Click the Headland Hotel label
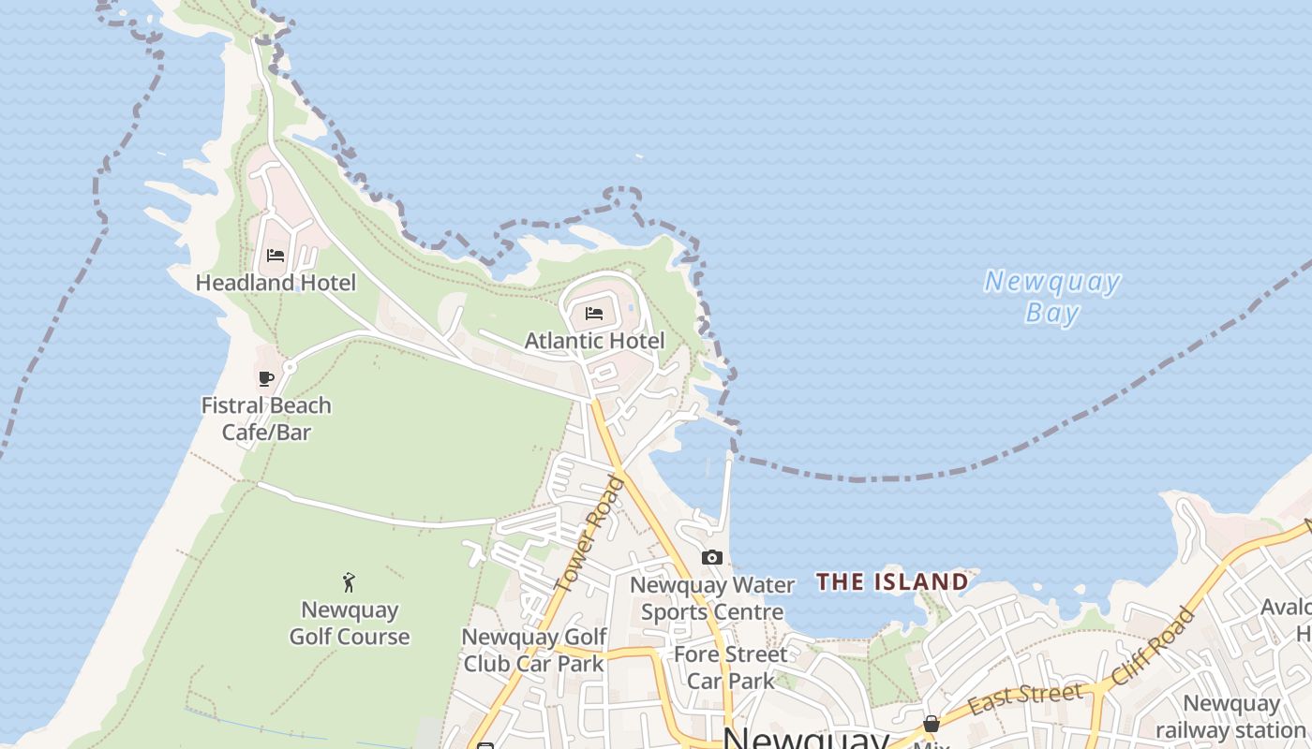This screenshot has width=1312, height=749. pos(276,282)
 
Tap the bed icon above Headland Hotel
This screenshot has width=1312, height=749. pos(276,255)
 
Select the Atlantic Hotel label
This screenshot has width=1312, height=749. pos(594,341)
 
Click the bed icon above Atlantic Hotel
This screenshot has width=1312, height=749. pos(594,313)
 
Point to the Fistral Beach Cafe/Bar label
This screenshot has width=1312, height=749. pos(266,419)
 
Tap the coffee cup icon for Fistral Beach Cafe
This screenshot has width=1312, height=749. pos(266,378)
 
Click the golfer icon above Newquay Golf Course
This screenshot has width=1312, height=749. pos(350,582)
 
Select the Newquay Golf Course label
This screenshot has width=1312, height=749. pos(350,624)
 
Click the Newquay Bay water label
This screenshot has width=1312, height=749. pos(1052,296)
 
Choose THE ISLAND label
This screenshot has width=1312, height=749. pos(892,581)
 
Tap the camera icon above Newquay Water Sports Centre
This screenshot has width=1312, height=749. pos(712,557)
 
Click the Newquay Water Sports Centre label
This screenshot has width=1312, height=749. pos(712,598)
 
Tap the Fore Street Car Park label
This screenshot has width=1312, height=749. pos(731,667)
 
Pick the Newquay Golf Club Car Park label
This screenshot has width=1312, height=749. pos(534,650)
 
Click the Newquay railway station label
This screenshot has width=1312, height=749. pos(1230,716)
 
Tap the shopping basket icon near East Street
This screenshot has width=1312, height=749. pos(932,724)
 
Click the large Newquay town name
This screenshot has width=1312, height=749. pos(806,738)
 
